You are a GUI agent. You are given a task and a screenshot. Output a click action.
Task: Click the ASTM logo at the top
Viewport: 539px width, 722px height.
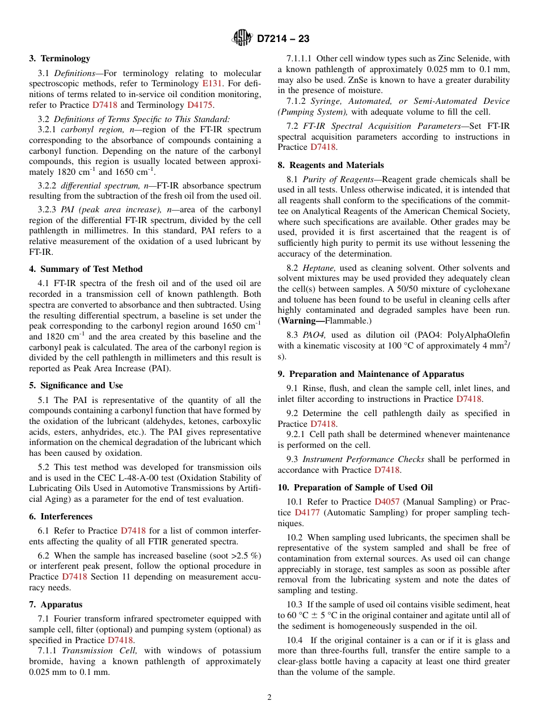[x=242, y=39]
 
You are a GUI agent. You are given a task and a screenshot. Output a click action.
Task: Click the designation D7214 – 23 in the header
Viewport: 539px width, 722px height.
[x=283, y=39]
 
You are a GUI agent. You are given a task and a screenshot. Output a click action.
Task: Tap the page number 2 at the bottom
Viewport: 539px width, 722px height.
[x=269, y=698]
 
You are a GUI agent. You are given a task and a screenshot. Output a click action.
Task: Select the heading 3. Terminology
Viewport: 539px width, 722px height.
[x=60, y=58]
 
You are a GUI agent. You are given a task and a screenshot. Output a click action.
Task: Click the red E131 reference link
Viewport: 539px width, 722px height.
[x=213, y=83]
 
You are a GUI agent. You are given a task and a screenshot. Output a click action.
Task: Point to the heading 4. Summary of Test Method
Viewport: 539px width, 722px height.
[x=86, y=269]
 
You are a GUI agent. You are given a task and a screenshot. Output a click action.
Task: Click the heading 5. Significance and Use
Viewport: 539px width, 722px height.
[x=76, y=385]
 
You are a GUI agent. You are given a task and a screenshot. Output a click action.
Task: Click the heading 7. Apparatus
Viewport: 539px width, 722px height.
[x=56, y=605]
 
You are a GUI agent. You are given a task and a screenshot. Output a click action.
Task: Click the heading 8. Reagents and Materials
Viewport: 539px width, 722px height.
[x=331, y=165]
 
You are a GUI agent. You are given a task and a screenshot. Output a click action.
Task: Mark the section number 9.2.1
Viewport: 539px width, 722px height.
[x=298, y=435]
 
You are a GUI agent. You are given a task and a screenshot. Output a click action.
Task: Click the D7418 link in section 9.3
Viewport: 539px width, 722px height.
[x=387, y=470]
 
